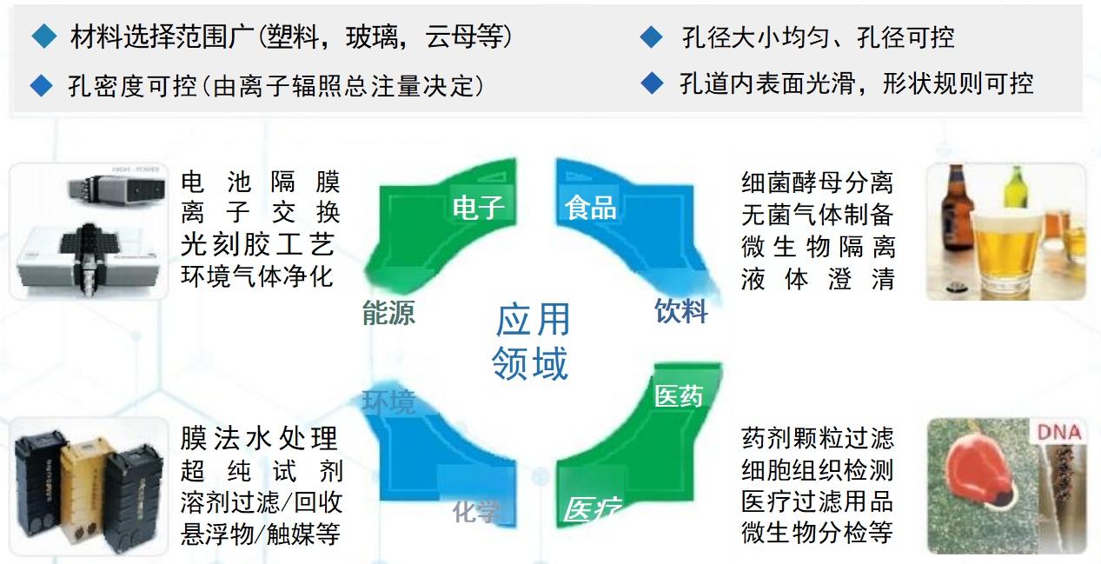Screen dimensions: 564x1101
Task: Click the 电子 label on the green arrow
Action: [x=478, y=208]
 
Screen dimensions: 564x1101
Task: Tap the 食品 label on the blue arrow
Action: [x=590, y=208]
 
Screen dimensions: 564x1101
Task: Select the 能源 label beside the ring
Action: [x=388, y=313]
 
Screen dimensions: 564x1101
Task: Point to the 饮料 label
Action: [x=681, y=311]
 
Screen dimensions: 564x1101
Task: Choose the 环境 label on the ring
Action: [x=388, y=402]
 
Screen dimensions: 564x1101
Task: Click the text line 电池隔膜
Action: [x=260, y=182]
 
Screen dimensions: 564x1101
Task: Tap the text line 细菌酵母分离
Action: [x=817, y=182]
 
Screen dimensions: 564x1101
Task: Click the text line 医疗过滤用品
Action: [x=817, y=501]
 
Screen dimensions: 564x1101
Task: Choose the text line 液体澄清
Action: [x=817, y=279]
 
